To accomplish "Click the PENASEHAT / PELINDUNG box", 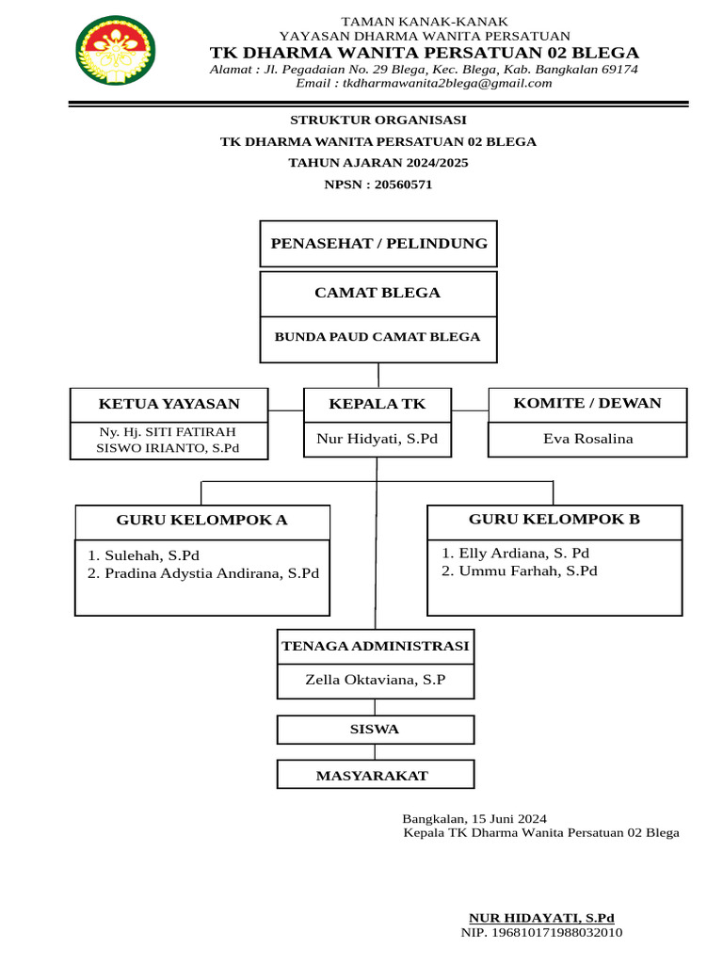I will (378, 244).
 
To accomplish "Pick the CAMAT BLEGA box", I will (378, 293).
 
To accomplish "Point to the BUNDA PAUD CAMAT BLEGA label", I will (378, 337).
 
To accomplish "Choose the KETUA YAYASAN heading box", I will (169, 405).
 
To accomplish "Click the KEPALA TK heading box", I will (377, 405).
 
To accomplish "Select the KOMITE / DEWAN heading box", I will (587, 404).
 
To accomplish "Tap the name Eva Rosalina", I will (588, 439).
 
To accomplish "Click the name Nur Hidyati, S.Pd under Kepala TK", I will (378, 439).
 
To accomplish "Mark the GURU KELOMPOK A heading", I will (202, 521).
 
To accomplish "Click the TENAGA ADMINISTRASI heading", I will (376, 647).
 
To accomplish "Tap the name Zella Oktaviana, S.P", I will (376, 679).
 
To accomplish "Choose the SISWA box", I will (376, 730).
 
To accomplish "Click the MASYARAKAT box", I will (376, 776).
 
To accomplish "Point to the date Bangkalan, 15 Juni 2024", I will (474, 819).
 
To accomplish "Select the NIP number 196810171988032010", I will (541, 933).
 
